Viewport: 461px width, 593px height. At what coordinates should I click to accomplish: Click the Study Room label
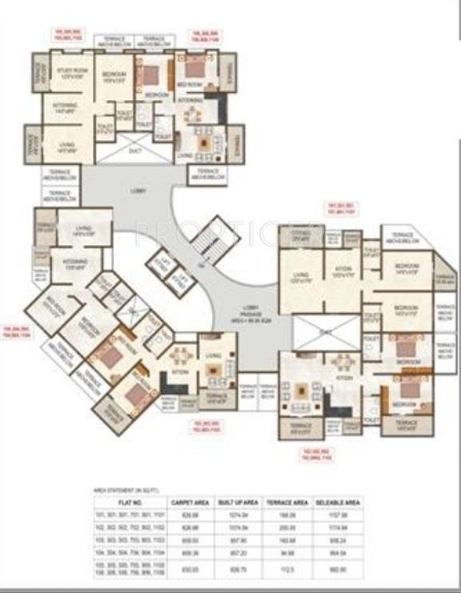[x=70, y=73]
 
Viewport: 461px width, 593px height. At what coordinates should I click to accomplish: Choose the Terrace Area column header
[x=287, y=502]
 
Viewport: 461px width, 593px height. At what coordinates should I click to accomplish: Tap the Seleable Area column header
[x=339, y=502]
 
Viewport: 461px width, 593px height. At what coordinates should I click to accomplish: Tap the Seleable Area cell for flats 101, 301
[x=339, y=515]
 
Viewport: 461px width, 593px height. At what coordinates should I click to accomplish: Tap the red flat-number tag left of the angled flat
[x=17, y=332]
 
